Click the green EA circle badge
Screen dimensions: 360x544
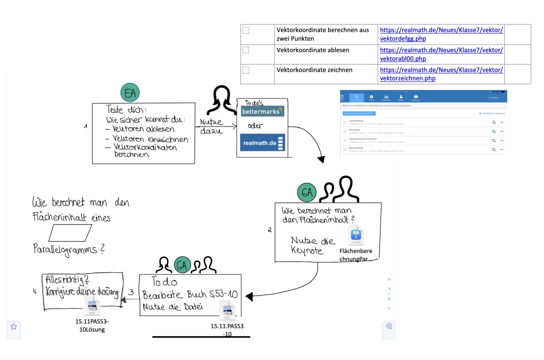point(130,93)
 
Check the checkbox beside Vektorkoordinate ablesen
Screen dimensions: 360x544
point(246,50)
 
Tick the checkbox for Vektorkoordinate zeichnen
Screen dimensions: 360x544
point(246,70)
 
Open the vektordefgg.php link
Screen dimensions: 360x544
point(403,39)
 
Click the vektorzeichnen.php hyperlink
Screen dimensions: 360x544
point(407,78)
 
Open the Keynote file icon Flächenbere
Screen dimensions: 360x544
point(356,235)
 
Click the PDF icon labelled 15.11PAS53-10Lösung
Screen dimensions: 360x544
point(92,305)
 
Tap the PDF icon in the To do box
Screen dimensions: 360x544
point(227,310)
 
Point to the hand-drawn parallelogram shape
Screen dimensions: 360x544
point(70,233)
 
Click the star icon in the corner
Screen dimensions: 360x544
point(14,326)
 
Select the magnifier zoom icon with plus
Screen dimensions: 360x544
point(389,326)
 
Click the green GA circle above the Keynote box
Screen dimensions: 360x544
point(307,193)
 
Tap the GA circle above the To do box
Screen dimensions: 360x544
point(182,265)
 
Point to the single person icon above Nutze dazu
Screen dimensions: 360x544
point(222,100)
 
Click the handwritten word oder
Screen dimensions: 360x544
point(255,126)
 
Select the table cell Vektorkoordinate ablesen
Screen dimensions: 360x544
point(313,50)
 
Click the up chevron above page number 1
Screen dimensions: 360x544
point(389,280)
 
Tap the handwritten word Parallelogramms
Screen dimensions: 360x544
point(65,249)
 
